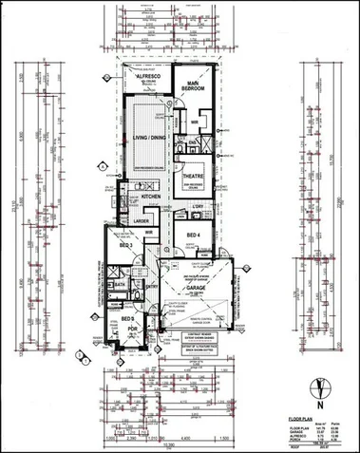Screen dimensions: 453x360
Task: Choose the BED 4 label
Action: pos(193,235)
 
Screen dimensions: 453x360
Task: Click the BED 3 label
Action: pos(125,245)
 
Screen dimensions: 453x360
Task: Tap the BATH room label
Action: pos(120,284)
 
